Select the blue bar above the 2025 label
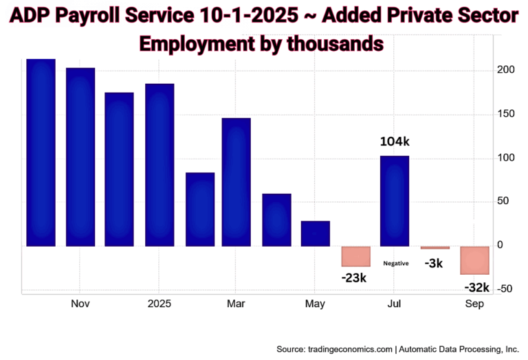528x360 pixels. (x=159, y=165)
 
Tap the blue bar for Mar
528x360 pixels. (x=236, y=182)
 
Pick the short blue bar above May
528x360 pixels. (x=316, y=234)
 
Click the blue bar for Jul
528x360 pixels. (x=395, y=201)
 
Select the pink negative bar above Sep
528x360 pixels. (x=474, y=260)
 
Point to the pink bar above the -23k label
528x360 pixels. (x=355, y=256)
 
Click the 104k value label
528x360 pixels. (x=395, y=142)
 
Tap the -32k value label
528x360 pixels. (x=476, y=287)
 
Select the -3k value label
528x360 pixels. (x=434, y=262)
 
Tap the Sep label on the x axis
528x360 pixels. (x=474, y=304)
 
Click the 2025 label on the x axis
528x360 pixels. (x=159, y=304)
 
